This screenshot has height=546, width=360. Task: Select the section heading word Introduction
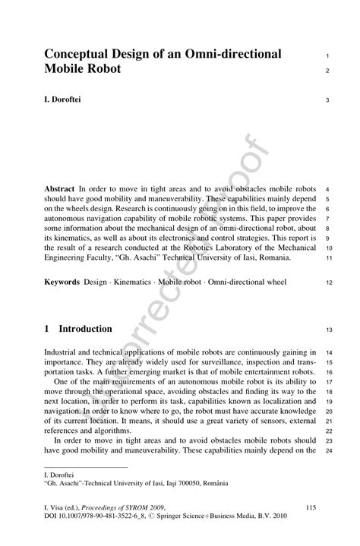(x=86, y=329)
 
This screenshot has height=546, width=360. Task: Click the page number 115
(x=309, y=506)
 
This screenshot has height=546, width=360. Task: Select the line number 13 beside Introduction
(x=328, y=330)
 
